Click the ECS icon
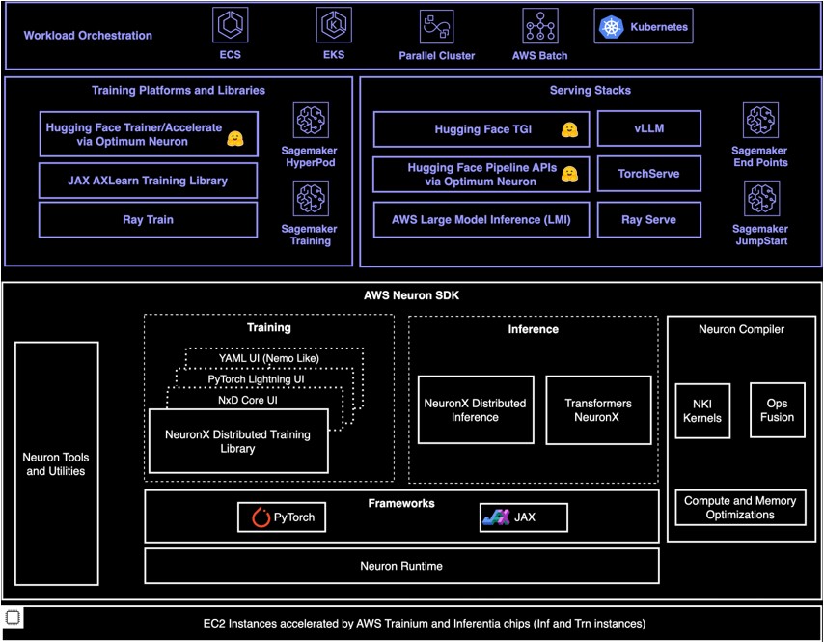231,25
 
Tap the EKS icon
334,25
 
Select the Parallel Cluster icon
437,26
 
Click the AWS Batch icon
539,25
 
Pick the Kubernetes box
644,26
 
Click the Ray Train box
149,220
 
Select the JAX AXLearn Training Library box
149,181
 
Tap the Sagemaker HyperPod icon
311,121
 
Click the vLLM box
649,128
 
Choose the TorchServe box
649,174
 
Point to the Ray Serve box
649,220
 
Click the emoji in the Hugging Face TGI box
569,130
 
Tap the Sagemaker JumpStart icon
761,199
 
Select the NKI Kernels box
702,411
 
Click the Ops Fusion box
778,410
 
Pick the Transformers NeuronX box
598,410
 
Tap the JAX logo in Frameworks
497,517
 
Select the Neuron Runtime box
401,566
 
